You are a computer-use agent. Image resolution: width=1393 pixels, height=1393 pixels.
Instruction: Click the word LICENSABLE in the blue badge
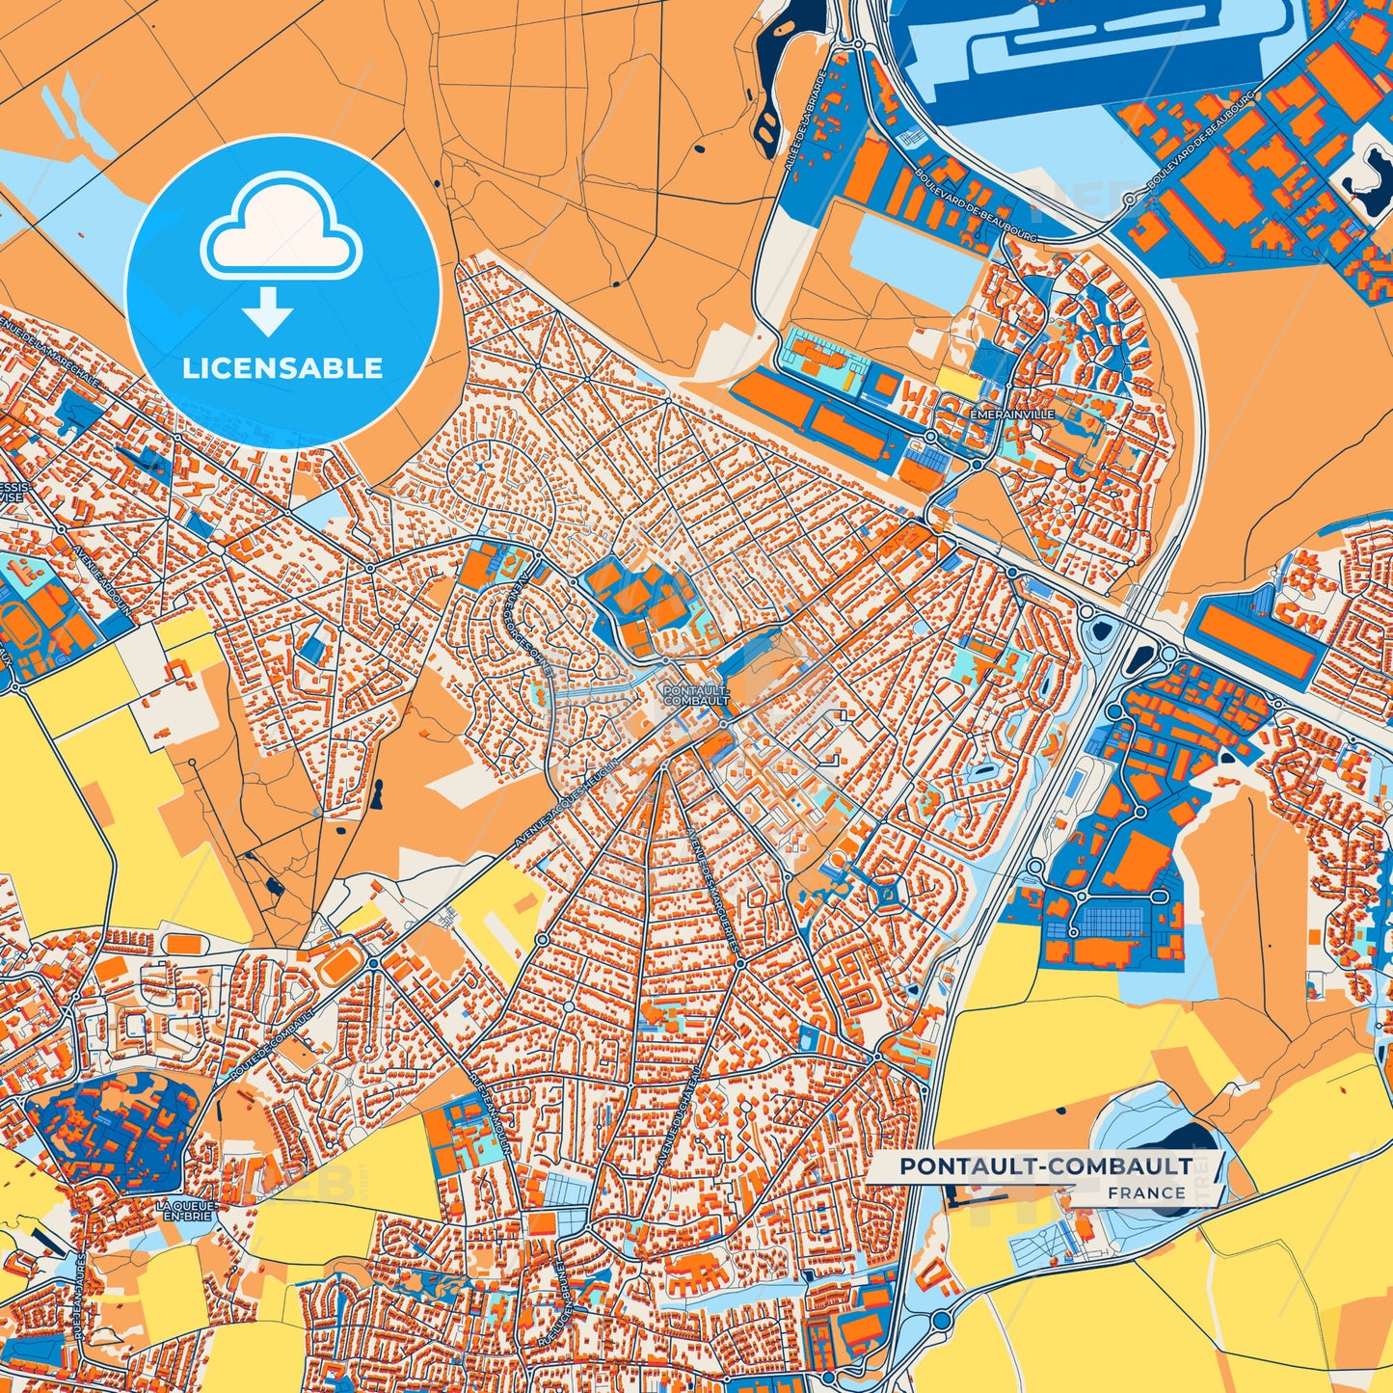[x=282, y=368]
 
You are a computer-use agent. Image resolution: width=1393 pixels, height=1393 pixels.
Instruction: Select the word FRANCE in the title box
[x=1146, y=1192]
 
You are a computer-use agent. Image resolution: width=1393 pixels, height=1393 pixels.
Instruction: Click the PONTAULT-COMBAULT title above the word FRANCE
[x=1046, y=1166]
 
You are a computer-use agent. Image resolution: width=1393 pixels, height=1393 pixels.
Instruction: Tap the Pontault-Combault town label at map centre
[x=696, y=695]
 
